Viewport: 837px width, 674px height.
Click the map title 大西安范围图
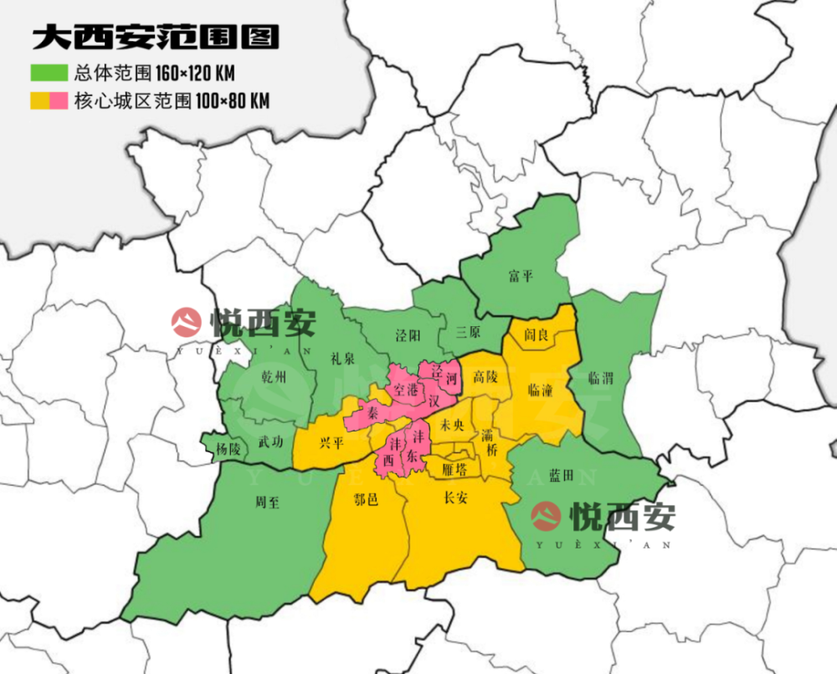pyautogui.click(x=155, y=38)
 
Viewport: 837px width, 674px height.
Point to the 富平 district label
pyautogui.click(x=520, y=276)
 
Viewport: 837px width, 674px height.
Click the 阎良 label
pyautogui.click(x=536, y=335)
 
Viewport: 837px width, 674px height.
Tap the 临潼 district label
pyautogui.click(x=540, y=390)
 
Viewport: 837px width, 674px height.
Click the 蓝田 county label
pyautogui.click(x=561, y=476)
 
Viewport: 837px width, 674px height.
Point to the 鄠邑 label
pyautogui.click(x=366, y=499)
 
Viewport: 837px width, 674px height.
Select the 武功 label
pyautogui.click(x=270, y=442)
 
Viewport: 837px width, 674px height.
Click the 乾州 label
pyautogui.click(x=273, y=378)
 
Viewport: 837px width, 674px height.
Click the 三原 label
pyautogui.click(x=468, y=332)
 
